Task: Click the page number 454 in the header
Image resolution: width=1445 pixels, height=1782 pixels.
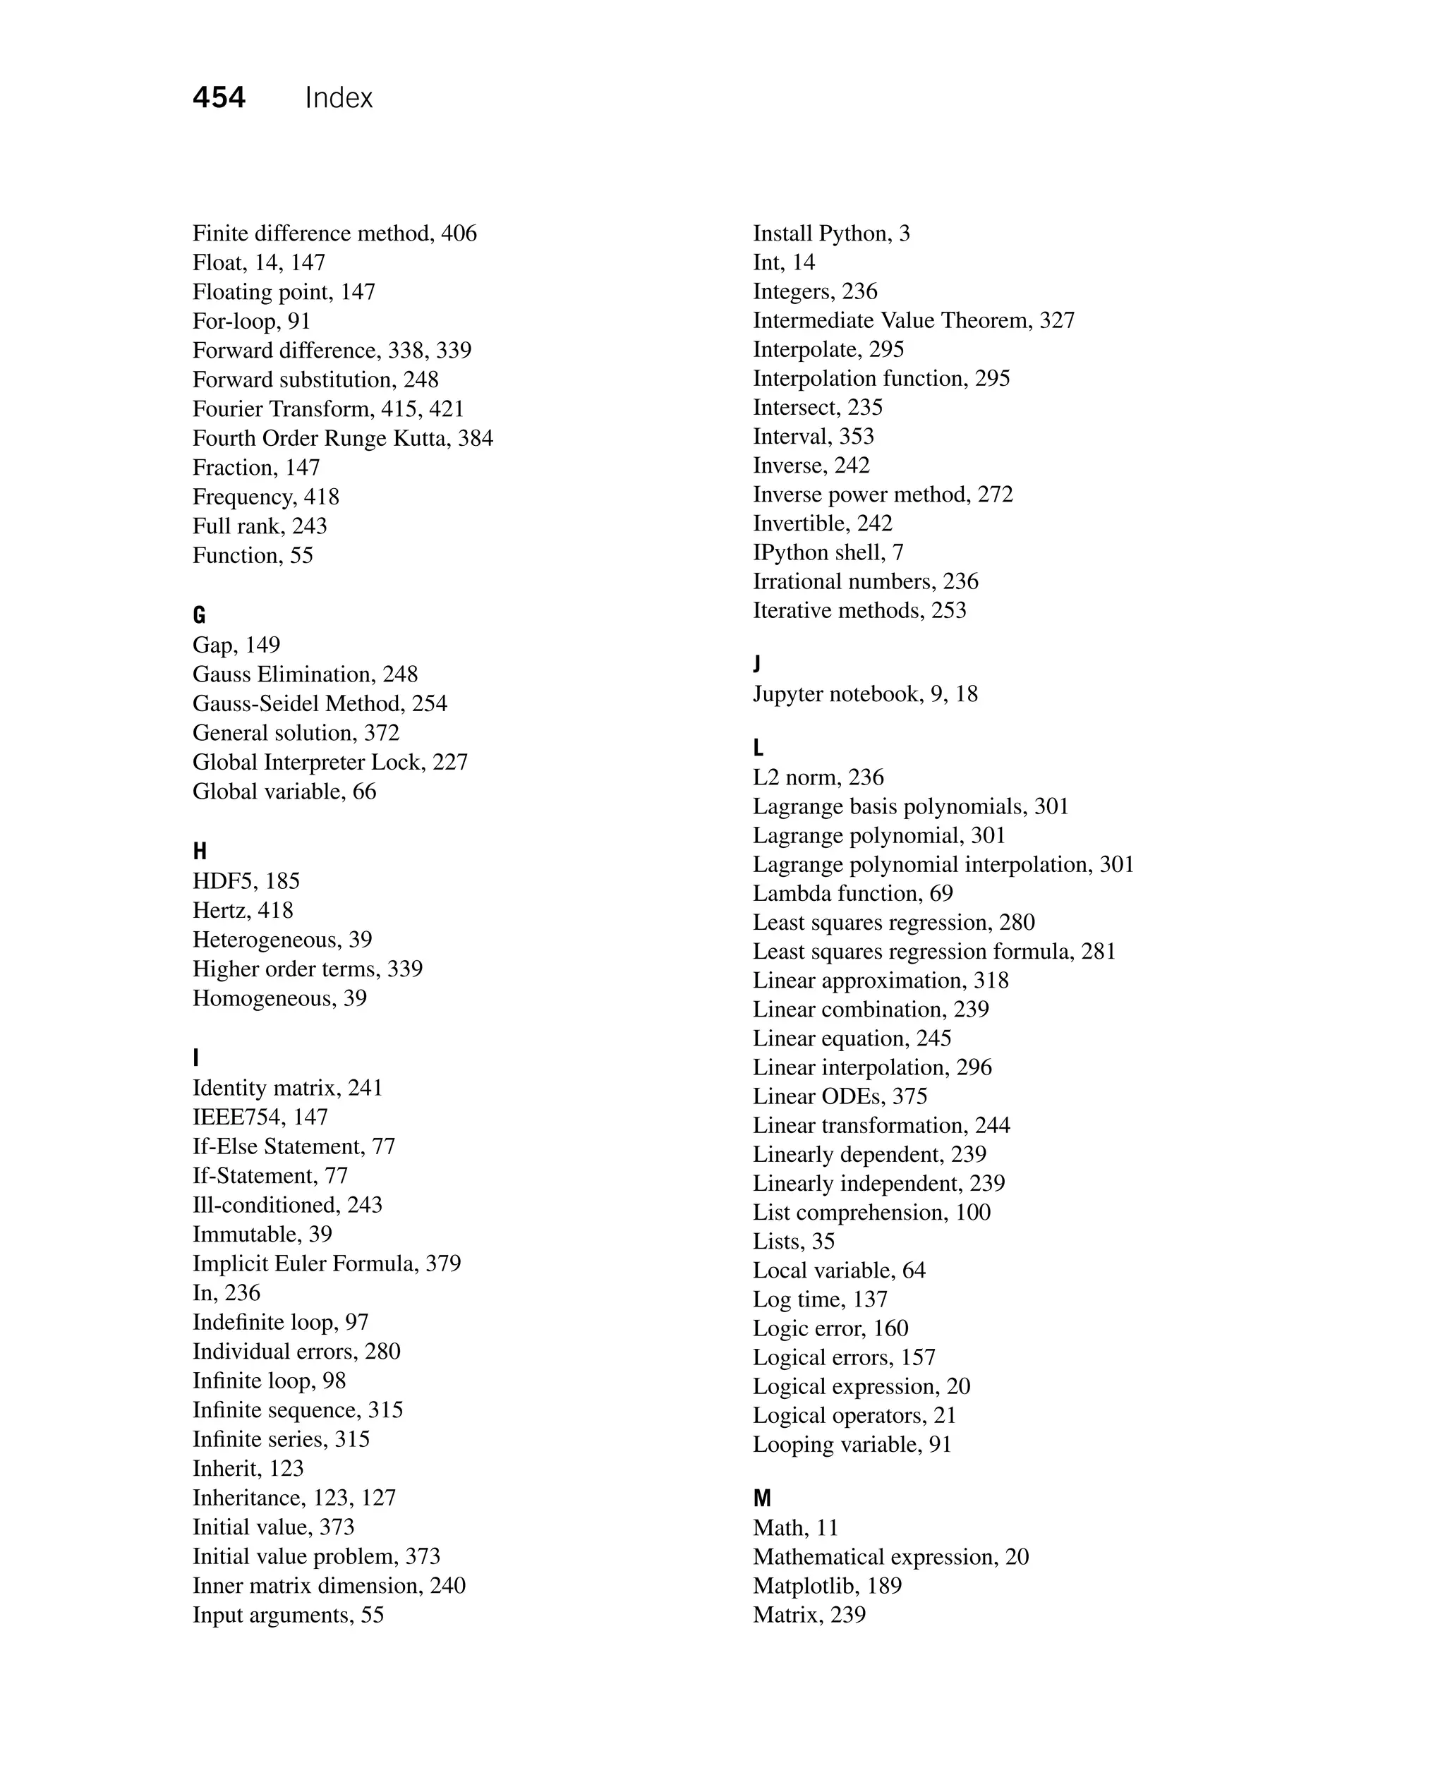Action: tap(219, 98)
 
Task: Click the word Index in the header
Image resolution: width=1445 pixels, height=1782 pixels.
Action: tap(339, 98)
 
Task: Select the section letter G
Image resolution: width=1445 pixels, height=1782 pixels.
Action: tap(199, 615)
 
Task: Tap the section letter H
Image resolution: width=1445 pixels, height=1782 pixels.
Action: tap(200, 851)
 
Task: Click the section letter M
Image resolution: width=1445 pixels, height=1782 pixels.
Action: tap(761, 1498)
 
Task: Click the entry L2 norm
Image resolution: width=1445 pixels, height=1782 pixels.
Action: tap(796, 777)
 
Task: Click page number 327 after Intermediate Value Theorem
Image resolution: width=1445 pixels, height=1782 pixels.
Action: tap(1057, 320)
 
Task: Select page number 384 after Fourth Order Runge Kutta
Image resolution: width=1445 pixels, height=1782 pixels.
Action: tap(476, 438)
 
